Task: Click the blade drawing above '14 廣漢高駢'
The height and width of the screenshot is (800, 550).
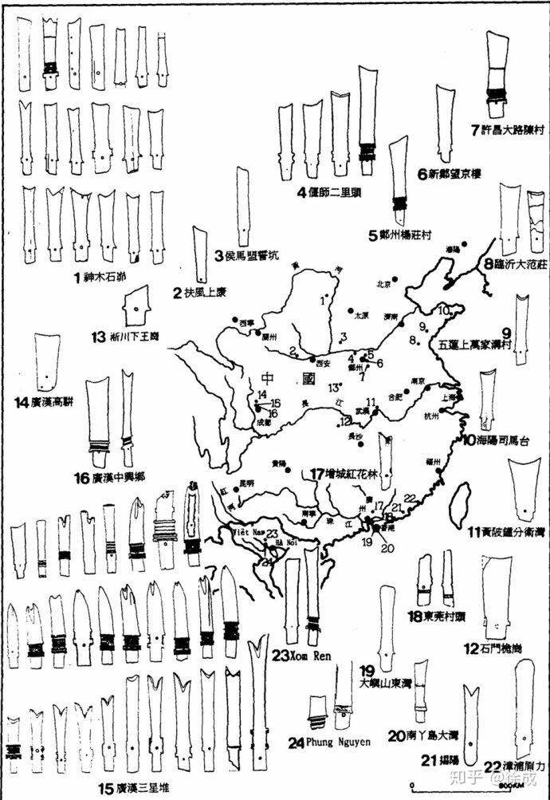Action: [x=47, y=358]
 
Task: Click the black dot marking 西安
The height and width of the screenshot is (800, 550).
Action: [x=313, y=360]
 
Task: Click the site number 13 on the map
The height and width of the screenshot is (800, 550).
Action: [x=333, y=388]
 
